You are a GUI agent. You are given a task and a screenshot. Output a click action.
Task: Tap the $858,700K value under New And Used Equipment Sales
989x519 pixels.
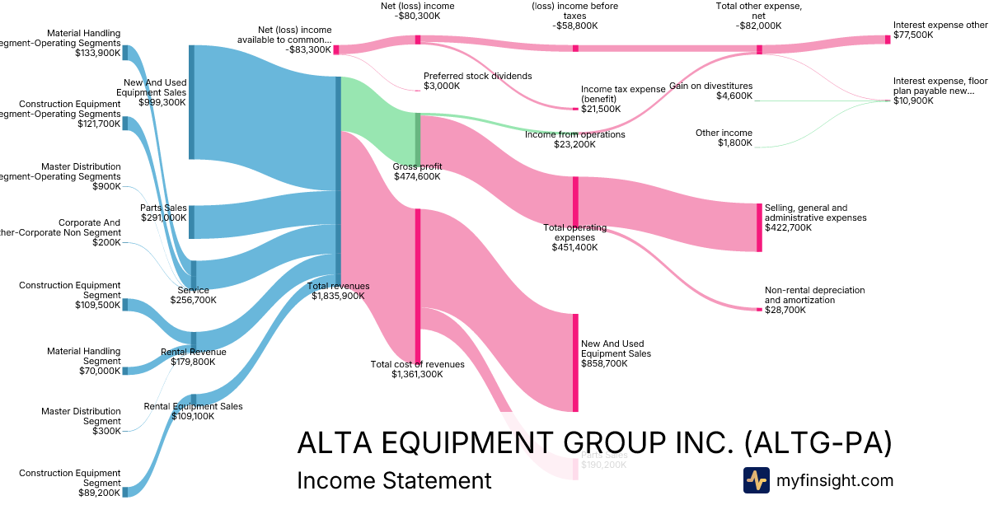pyautogui.click(x=606, y=363)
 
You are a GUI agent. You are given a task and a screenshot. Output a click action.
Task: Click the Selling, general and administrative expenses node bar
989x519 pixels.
pyautogui.click(x=759, y=227)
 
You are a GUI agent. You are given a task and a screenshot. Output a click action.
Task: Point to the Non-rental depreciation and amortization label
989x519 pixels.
pyautogui.click(x=814, y=295)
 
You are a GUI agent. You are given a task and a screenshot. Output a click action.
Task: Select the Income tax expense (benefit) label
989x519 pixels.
pyautogui.click(x=622, y=94)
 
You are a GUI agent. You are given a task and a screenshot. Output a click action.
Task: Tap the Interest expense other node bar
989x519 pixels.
pyautogui.click(x=888, y=40)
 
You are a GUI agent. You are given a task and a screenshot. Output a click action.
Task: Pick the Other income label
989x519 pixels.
pyautogui.click(x=712, y=133)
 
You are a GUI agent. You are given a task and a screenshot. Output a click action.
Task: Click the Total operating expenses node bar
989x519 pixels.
pyautogui.click(x=575, y=201)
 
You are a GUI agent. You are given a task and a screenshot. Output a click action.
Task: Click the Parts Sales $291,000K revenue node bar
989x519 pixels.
pyautogui.click(x=192, y=222)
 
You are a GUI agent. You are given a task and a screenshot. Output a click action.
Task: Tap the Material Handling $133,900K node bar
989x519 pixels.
pyautogui.click(x=125, y=54)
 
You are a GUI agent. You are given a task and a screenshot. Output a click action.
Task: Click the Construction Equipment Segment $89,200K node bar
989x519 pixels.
pyautogui.click(x=125, y=492)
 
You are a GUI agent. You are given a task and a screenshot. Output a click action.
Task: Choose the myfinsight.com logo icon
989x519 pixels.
pyautogui.click(x=756, y=480)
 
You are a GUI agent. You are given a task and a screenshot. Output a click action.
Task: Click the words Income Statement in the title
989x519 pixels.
pyautogui.click(x=393, y=480)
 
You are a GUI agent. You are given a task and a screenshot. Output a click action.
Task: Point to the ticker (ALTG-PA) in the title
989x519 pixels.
pyautogui.click(x=818, y=443)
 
